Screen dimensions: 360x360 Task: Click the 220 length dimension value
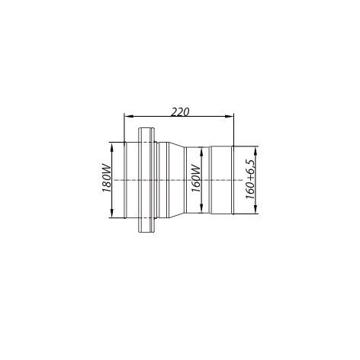coord(180,112)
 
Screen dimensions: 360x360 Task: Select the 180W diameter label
coord(107,179)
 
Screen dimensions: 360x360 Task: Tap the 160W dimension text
coord(196,178)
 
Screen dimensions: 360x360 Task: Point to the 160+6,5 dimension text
coord(250,179)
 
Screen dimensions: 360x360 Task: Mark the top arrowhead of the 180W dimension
coord(111,146)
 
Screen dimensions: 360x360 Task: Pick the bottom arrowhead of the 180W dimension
coord(111,213)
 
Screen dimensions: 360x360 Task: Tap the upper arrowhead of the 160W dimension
coord(201,152)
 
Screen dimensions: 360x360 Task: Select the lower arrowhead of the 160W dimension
coord(201,208)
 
